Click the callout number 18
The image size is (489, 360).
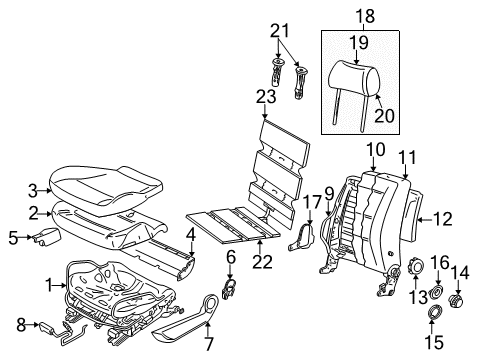365,16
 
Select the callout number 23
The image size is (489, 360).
266,97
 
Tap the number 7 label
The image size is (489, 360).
208,344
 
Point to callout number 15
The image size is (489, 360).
434,342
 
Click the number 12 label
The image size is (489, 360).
443,219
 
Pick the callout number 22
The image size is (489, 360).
262,262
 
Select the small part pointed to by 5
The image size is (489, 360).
46,236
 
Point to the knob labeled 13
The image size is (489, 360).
416,265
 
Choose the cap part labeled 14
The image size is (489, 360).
456,301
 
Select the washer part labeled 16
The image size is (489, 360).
437,292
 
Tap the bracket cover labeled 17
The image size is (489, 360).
302,237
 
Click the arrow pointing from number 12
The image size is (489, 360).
425,219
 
